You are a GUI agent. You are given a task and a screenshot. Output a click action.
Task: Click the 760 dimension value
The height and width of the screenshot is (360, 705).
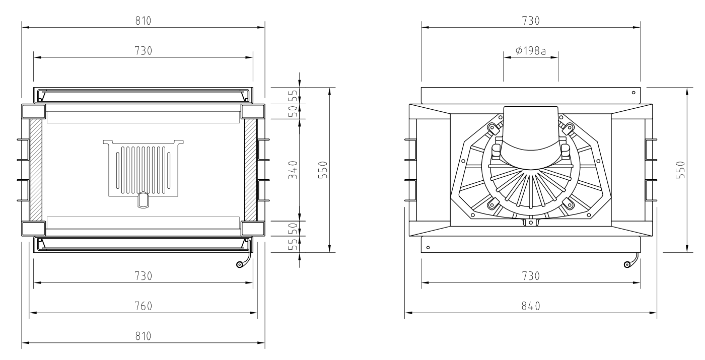pyautogui.click(x=143, y=306)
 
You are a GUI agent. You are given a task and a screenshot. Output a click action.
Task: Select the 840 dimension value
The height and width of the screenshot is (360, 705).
pyautogui.click(x=531, y=306)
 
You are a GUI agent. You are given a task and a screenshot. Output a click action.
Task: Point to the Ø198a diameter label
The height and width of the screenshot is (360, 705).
pyautogui.click(x=531, y=50)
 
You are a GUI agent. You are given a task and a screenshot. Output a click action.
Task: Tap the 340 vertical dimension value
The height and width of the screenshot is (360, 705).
pyautogui.click(x=293, y=170)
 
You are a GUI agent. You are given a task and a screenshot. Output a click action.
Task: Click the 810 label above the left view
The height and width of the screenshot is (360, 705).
pyautogui.click(x=143, y=21)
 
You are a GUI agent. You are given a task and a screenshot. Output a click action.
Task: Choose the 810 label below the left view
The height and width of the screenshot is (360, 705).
pyautogui.click(x=143, y=336)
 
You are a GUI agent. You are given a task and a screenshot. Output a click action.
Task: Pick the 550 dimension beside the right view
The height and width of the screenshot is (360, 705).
pyautogui.click(x=680, y=170)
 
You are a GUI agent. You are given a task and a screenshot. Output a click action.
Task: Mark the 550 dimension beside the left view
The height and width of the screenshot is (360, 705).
pyautogui.click(x=323, y=170)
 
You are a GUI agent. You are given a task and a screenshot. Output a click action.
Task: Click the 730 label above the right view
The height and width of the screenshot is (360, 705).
pyautogui.click(x=531, y=21)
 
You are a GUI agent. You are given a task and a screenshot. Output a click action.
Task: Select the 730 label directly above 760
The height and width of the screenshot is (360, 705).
pyautogui.click(x=143, y=276)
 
